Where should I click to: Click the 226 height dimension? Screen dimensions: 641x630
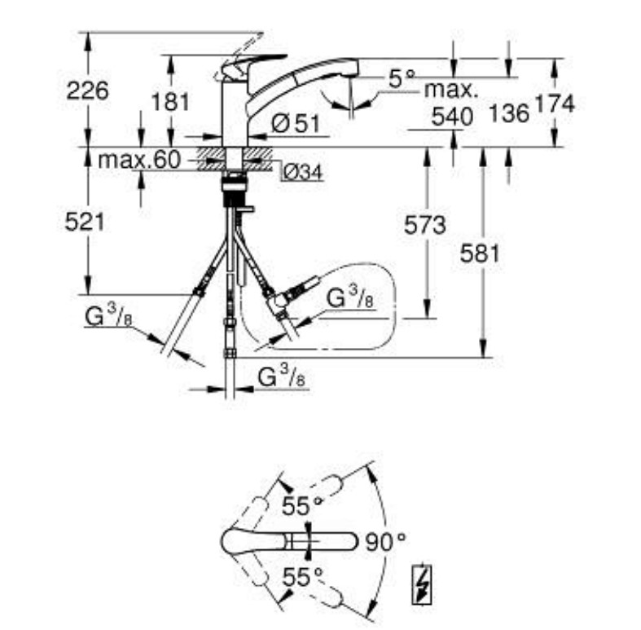[87, 90]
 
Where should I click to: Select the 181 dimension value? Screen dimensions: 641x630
[170, 102]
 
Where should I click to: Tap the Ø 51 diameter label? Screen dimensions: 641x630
[296, 123]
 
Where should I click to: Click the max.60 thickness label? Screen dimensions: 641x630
[139, 160]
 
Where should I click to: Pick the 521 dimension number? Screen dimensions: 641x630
[85, 222]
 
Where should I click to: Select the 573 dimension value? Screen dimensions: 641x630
[424, 225]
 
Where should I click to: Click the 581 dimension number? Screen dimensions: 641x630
[480, 253]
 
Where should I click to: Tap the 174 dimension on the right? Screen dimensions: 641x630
[555, 104]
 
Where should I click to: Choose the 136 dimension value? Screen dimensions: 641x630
[509, 113]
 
